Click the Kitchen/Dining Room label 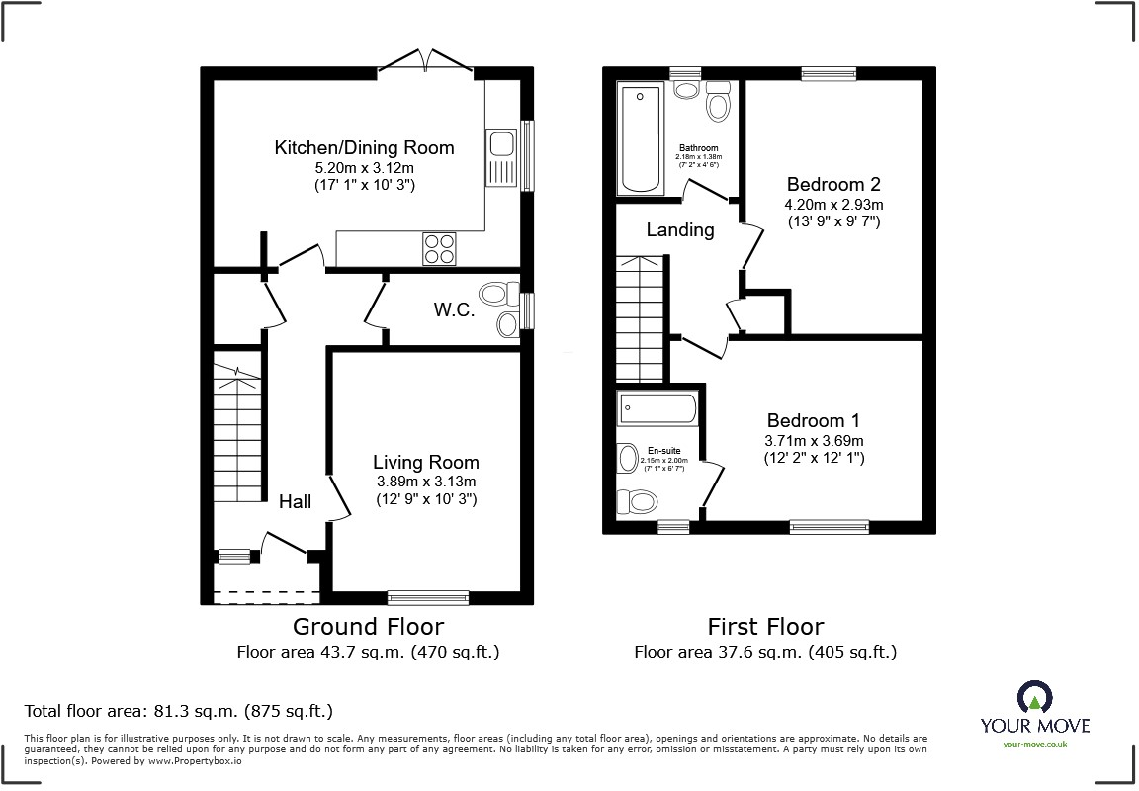(364, 148)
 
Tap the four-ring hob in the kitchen (440, 248)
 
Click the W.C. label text (454, 309)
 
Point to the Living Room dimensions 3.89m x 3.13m (425, 482)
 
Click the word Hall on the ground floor (295, 502)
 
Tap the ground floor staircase (238, 435)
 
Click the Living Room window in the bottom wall (428, 597)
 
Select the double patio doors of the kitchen (426, 60)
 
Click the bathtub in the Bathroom (641, 138)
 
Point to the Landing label (680, 230)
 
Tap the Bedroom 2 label (832, 185)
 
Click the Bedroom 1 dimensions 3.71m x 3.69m (815, 441)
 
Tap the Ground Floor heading (368, 626)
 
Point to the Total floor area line (178, 711)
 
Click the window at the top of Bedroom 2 (829, 72)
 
